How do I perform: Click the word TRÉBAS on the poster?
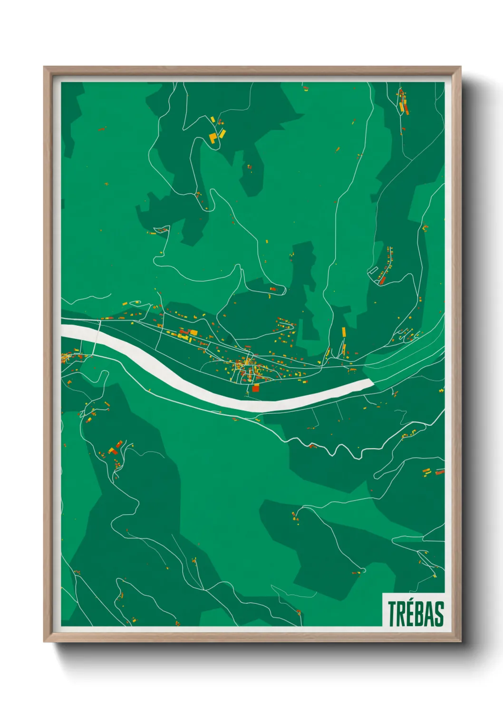(x=416, y=614)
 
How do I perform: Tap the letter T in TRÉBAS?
(x=393, y=614)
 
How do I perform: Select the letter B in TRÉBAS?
(x=420, y=614)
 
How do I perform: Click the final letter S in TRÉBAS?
(x=439, y=614)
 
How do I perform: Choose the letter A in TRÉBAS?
(x=430, y=614)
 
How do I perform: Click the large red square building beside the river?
(x=256, y=388)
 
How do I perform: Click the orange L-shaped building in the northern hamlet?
(x=213, y=138)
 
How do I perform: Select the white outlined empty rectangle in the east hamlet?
(x=373, y=271)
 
